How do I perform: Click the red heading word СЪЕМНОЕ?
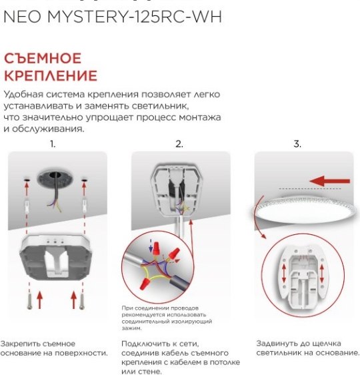click(x=43, y=58)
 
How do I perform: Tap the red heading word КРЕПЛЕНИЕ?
click(x=51, y=75)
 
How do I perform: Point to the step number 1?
click(x=53, y=143)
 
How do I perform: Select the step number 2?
click(x=179, y=143)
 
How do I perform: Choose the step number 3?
click(x=297, y=143)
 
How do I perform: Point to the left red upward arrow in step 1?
click(x=40, y=298)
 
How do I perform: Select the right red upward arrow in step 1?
click(x=73, y=298)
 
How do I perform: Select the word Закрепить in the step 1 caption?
click(x=21, y=343)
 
